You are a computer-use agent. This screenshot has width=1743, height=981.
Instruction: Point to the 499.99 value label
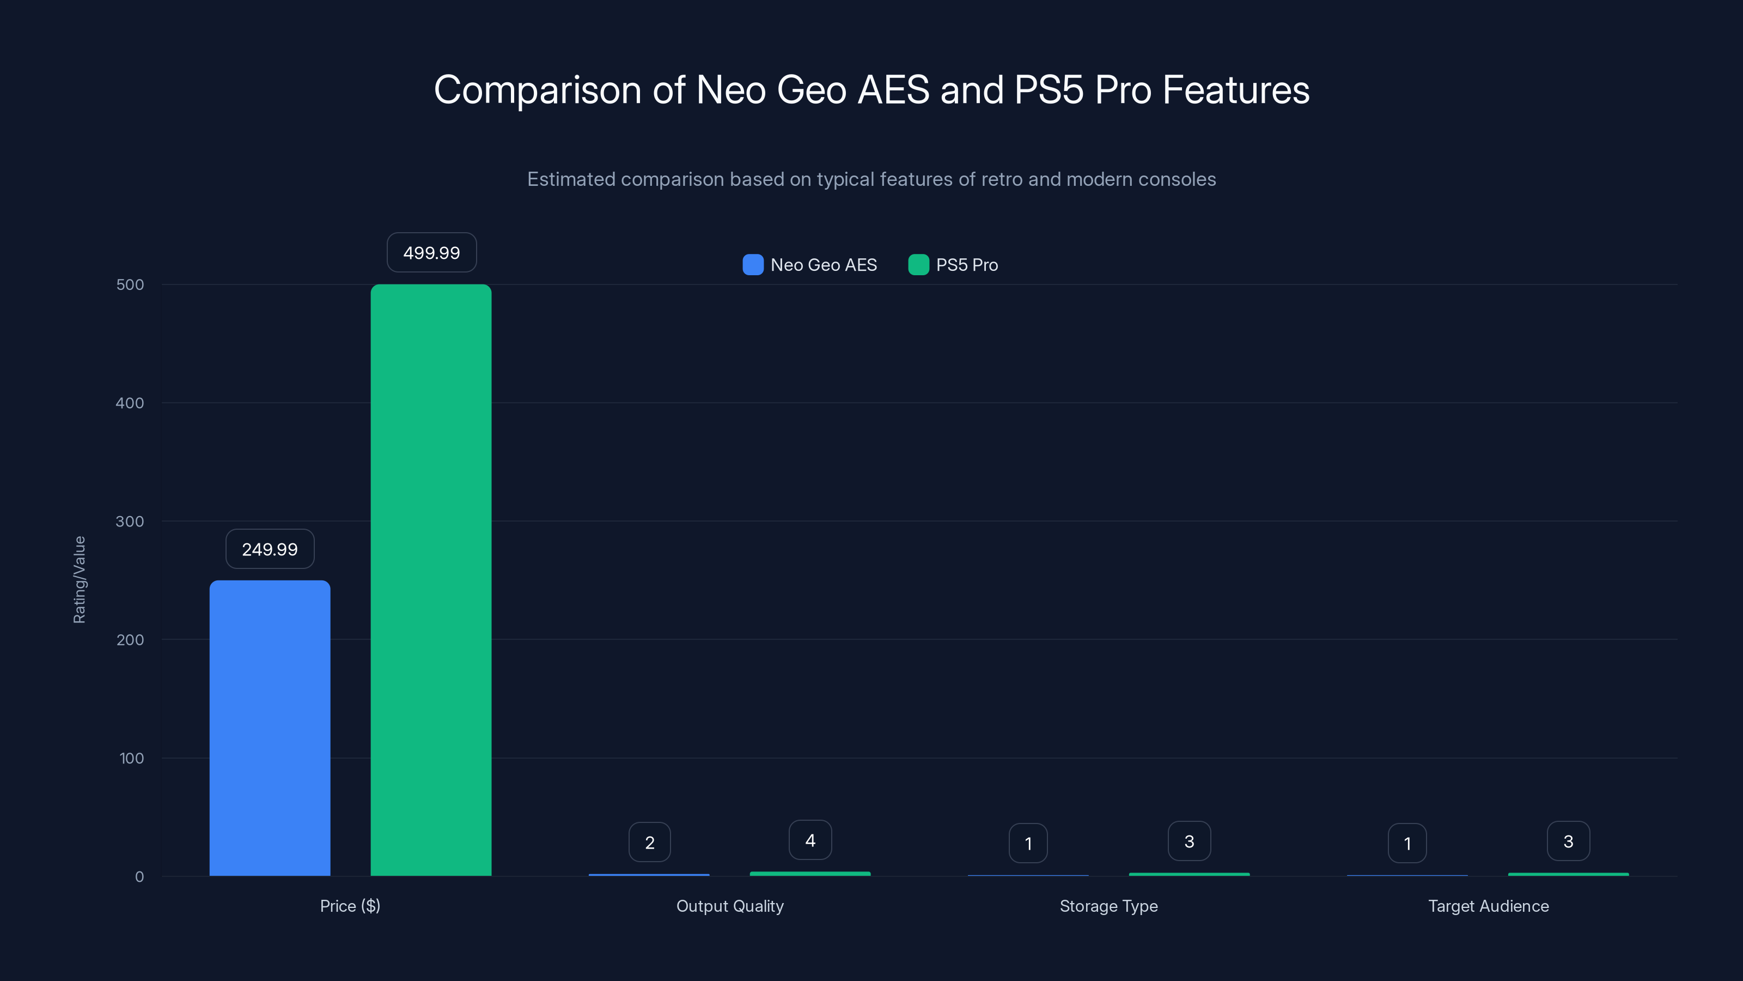coord(432,252)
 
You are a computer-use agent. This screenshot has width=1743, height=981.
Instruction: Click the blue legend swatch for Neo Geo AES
coord(752,265)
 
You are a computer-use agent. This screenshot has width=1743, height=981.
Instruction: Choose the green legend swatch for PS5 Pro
coord(918,265)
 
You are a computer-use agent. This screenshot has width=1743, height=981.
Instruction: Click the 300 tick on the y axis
coord(130,522)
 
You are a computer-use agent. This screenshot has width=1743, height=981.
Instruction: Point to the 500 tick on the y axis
coord(130,284)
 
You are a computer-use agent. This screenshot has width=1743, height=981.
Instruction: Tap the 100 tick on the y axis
coord(131,758)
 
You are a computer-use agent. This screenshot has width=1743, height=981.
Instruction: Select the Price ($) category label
coord(350,906)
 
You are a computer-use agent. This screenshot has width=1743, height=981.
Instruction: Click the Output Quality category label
coord(730,906)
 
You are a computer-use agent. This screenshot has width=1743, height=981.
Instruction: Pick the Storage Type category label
coord(1108,906)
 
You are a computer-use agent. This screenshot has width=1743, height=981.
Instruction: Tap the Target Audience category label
coord(1488,906)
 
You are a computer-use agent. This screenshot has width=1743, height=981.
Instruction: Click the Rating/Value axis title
coord(79,579)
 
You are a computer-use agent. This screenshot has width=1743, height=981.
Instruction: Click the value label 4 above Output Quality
coord(810,840)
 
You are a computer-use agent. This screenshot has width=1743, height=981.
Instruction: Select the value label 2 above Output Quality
coord(650,842)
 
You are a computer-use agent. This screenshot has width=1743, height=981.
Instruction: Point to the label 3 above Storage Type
coord(1189,841)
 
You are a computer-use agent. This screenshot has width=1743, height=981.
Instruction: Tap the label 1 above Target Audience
coord(1407,843)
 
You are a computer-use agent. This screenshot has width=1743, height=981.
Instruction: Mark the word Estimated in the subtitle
coord(571,179)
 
